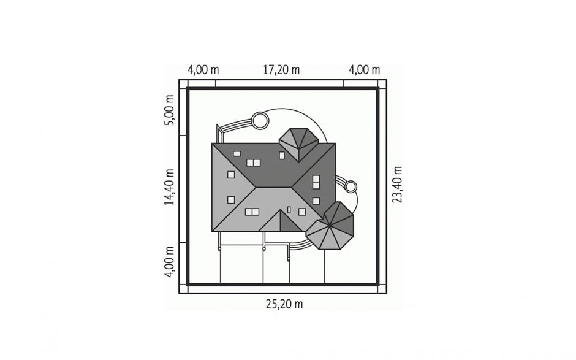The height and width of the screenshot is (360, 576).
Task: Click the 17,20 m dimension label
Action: click(x=281, y=69)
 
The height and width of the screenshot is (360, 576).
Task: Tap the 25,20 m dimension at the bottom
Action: click(x=284, y=304)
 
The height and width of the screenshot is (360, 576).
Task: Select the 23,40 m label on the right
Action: click(x=397, y=185)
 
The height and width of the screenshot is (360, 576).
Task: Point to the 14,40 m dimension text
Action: click(x=169, y=187)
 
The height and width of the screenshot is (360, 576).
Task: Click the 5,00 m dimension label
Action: click(x=169, y=110)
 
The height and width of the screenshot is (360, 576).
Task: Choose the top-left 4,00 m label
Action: click(x=203, y=69)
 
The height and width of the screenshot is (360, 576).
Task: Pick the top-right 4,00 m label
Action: click(x=364, y=69)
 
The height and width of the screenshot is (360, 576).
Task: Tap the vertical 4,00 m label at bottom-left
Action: click(x=169, y=262)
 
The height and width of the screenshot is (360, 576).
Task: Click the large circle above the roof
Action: click(x=260, y=121)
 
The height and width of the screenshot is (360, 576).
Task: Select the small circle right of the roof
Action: click(x=351, y=186)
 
